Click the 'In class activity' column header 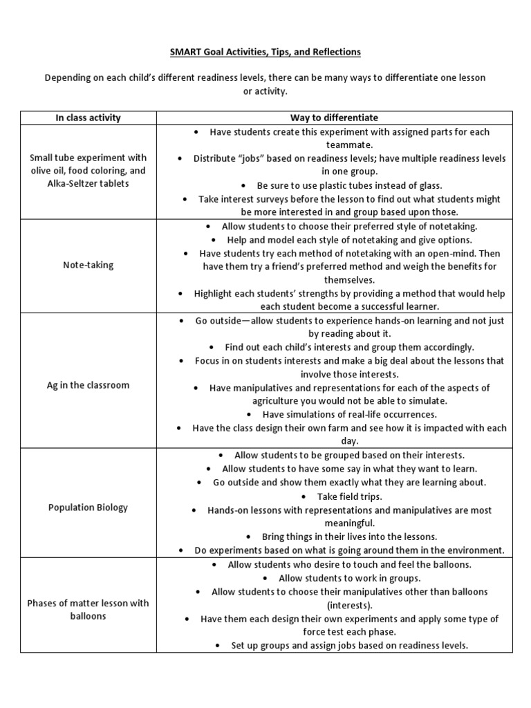click(x=88, y=118)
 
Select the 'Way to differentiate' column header click(x=334, y=118)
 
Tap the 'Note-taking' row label click(x=88, y=265)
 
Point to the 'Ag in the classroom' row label click(x=88, y=385)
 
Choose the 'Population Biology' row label click(x=88, y=507)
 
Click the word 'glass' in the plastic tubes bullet click(x=428, y=185)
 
